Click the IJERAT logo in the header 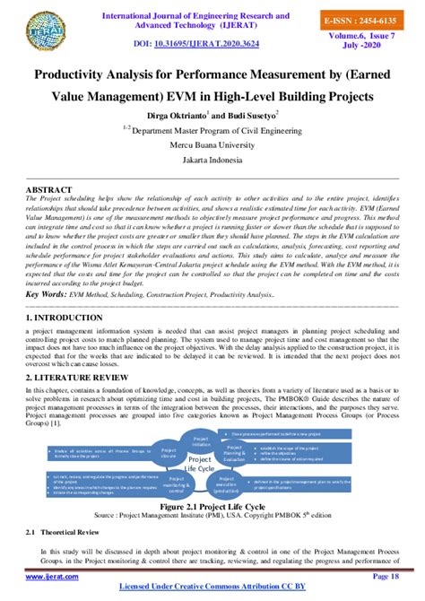coord(38,28)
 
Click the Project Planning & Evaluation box coord(234,453)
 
